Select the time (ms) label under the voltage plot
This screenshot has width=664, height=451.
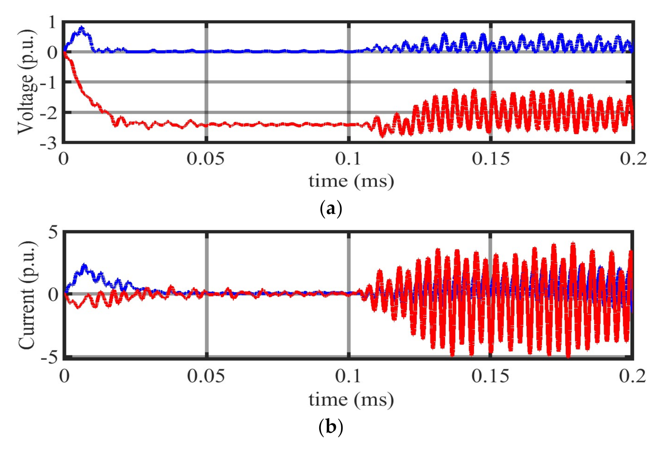351,181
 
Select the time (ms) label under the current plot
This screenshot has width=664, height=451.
351,400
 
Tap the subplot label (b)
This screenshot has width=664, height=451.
331,427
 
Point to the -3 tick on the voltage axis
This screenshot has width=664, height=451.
48,142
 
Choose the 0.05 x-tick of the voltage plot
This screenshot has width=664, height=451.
206,159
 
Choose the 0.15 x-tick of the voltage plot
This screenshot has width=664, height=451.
491,159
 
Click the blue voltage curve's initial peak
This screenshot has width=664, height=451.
82,28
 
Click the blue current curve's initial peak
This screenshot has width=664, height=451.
85,266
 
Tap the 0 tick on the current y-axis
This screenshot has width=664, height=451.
53,294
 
